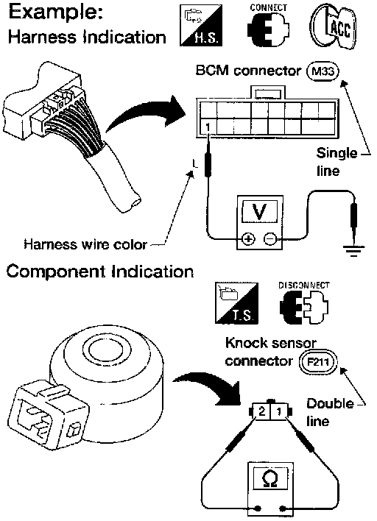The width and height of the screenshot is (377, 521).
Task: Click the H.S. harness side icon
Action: coord(201,25)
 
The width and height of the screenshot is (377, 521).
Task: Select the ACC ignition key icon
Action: coord(334,26)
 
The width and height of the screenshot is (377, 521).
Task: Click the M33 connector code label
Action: coord(323,71)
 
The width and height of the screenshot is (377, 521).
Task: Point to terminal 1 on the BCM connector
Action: coord(208,127)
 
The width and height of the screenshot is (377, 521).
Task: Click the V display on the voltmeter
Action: coord(259,211)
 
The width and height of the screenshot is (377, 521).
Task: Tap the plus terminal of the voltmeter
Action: coord(248,239)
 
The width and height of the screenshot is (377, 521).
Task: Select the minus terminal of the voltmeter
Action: coord(270,239)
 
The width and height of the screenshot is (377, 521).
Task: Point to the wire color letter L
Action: coord(195,163)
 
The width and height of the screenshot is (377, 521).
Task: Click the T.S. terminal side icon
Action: coord(236,302)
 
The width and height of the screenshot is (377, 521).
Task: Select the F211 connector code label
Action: coord(318,361)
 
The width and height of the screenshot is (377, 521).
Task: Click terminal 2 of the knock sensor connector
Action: coord(262,411)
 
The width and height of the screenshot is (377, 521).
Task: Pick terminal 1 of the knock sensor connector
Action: coord(279,411)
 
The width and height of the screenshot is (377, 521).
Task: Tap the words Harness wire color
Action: coord(85,244)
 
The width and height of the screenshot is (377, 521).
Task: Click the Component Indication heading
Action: coord(100,272)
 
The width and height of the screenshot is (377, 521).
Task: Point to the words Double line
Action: coord(330,412)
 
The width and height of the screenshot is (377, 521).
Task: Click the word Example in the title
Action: coord(55,13)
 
